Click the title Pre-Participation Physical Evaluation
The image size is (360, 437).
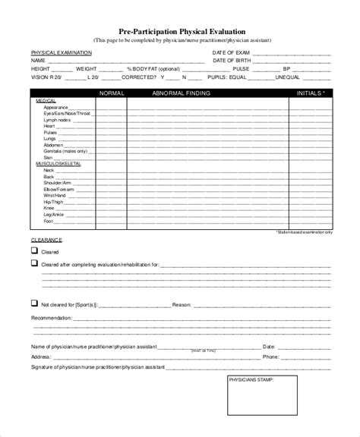pyautogui.click(x=180, y=31)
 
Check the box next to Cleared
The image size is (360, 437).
pyautogui.click(x=33, y=250)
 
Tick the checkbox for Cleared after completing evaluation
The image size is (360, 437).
pyautogui.click(x=33, y=263)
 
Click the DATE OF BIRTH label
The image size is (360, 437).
pyautogui.click(x=232, y=60)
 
